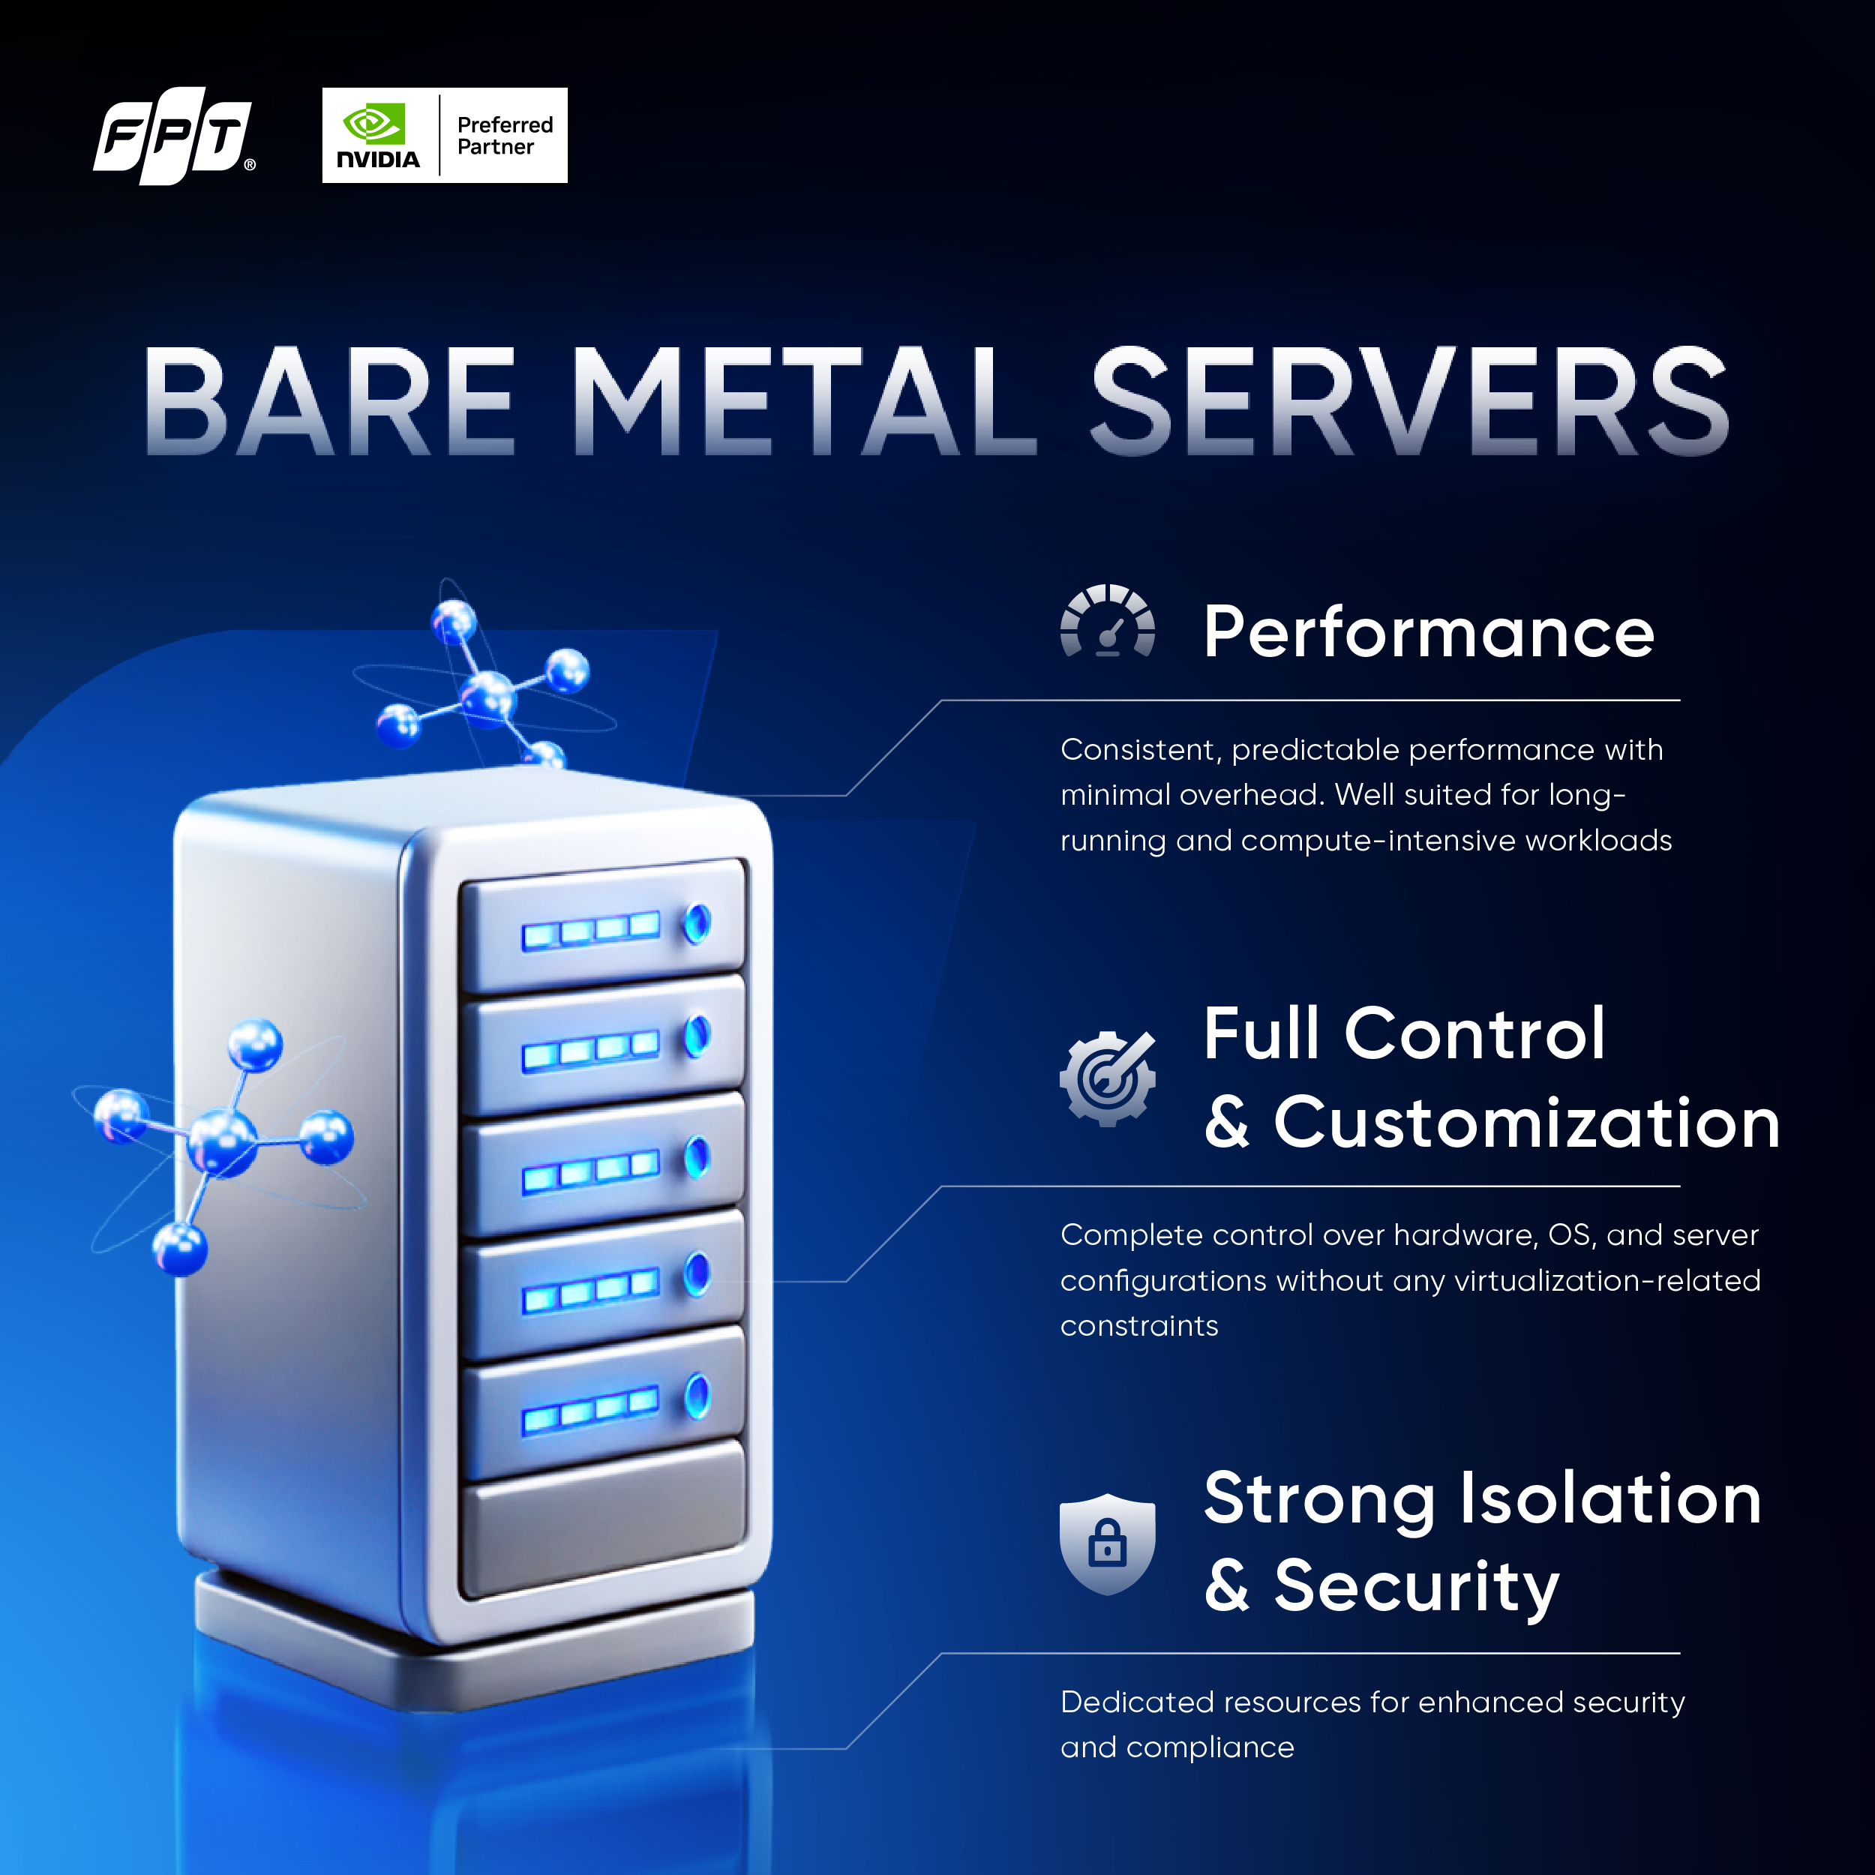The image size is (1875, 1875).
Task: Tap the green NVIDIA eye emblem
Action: [373, 124]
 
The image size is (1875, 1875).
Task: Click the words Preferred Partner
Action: [505, 136]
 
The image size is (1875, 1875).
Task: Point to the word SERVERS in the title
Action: [1409, 402]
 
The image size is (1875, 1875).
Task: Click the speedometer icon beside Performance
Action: [1107, 622]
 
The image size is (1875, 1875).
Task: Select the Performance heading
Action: [1429, 633]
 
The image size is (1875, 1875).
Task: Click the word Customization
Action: [1526, 1123]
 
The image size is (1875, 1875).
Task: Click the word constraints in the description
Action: [1138, 1326]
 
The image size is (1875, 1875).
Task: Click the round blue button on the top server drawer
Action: [697, 923]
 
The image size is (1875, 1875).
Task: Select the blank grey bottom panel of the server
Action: [604, 1519]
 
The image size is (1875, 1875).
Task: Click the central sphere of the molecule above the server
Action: [488, 697]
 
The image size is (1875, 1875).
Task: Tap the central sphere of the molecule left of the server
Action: [223, 1141]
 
